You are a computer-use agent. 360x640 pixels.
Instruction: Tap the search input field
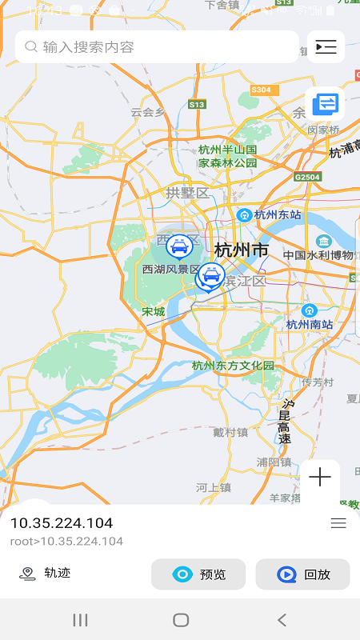(x=156, y=47)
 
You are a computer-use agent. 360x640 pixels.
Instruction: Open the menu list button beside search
(x=326, y=47)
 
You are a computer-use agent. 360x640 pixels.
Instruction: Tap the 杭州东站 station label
(x=277, y=214)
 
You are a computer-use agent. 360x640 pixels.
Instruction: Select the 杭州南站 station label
(x=309, y=324)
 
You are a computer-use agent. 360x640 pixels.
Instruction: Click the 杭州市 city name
(x=241, y=250)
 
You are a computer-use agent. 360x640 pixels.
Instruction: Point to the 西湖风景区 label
(x=170, y=270)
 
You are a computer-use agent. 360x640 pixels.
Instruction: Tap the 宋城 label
(x=153, y=311)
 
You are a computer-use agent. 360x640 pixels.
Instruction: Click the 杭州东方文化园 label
(x=233, y=366)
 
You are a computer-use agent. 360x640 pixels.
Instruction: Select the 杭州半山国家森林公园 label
(x=228, y=156)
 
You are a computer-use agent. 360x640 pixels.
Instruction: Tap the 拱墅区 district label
(x=187, y=193)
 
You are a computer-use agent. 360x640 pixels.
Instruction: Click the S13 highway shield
(x=197, y=105)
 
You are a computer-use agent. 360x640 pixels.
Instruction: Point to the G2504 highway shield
(x=307, y=177)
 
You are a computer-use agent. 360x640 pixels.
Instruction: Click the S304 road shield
(x=261, y=90)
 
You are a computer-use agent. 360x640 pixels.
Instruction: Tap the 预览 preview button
(x=198, y=574)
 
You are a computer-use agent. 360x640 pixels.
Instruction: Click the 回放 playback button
(x=302, y=574)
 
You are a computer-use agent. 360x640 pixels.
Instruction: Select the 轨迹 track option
(x=46, y=573)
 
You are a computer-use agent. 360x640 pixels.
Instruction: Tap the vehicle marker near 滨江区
(x=210, y=277)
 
